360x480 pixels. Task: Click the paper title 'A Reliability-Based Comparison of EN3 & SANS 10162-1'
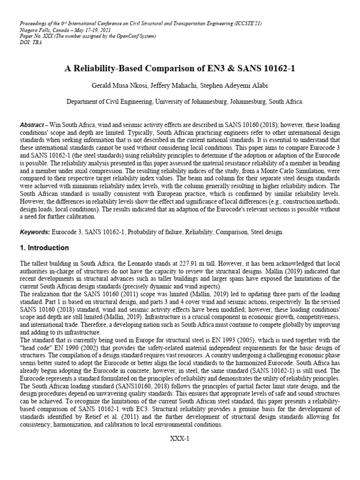pos(180,68)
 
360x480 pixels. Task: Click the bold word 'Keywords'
pos(33,232)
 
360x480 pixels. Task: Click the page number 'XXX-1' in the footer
pos(180,439)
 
